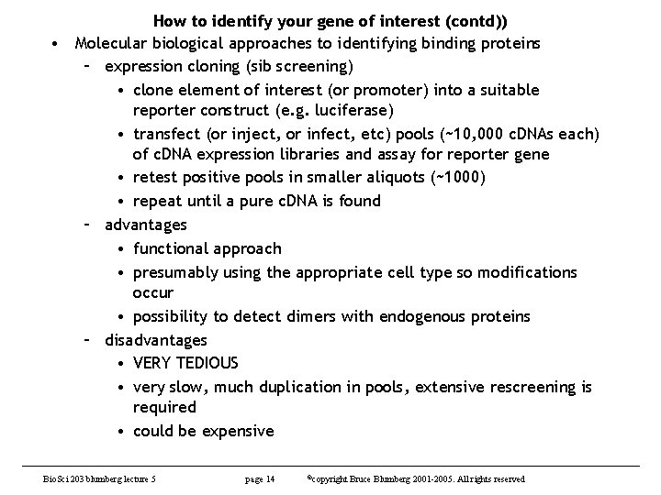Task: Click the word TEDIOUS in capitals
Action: click(207, 363)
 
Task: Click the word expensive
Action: click(240, 431)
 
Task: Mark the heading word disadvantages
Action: click(156, 340)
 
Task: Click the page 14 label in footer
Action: click(260, 479)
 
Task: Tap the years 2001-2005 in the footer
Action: click(442, 479)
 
